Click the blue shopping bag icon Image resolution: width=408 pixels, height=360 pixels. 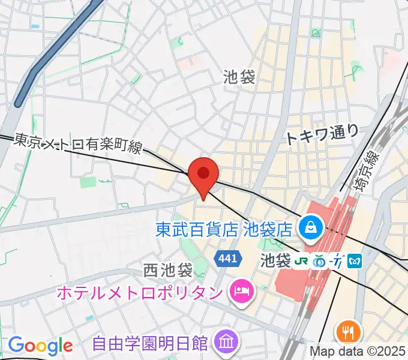(312, 227)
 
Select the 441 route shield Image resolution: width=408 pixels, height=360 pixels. (229, 258)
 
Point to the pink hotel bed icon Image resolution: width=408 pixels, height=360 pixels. (242, 292)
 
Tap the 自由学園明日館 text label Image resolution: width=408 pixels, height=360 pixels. (150, 344)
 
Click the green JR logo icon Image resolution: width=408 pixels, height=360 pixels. (301, 261)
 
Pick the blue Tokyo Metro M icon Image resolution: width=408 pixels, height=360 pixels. (356, 261)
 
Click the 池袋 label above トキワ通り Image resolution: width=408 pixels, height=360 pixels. (239, 77)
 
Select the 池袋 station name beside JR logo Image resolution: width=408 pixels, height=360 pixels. (275, 261)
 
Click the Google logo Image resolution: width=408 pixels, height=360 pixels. (41, 345)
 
